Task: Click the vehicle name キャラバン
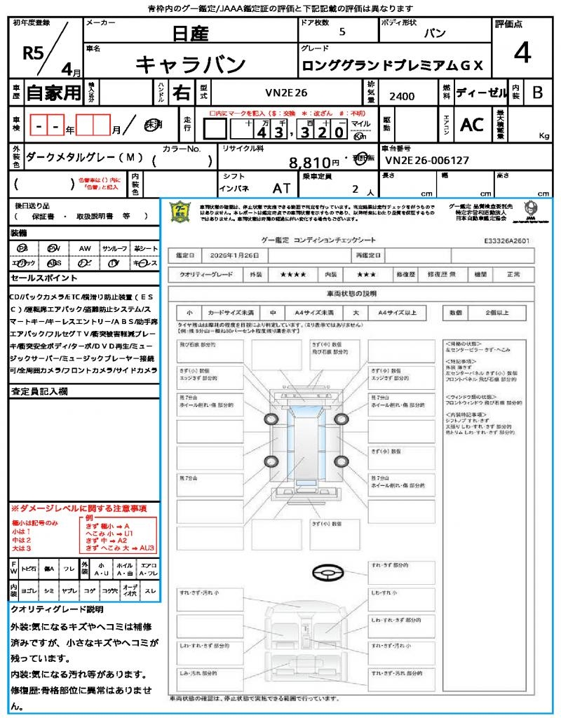pyautogui.click(x=190, y=65)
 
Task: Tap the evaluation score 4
pyautogui.click(x=522, y=53)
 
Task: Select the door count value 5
pyautogui.click(x=342, y=32)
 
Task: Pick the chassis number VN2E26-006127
pyautogui.click(x=427, y=161)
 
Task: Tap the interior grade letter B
pyautogui.click(x=537, y=92)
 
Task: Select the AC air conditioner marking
pyautogui.click(x=472, y=125)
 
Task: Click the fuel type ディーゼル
pyautogui.click(x=481, y=93)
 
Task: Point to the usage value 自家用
pyautogui.click(x=53, y=93)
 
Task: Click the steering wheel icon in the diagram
pyautogui.click(x=326, y=573)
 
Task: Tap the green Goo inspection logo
pyautogui.click(x=180, y=212)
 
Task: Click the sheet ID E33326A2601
pyautogui.click(x=506, y=240)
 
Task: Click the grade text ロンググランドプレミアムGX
pyautogui.click(x=392, y=65)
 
